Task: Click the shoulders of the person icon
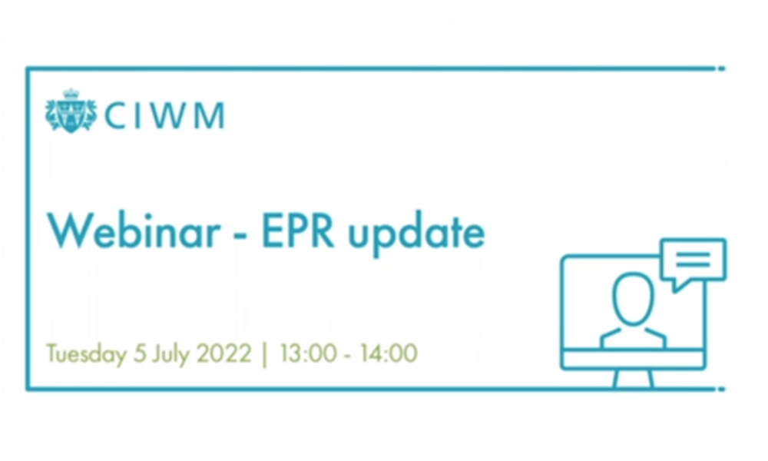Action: [x=633, y=337]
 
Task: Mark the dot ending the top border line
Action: [x=720, y=69]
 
